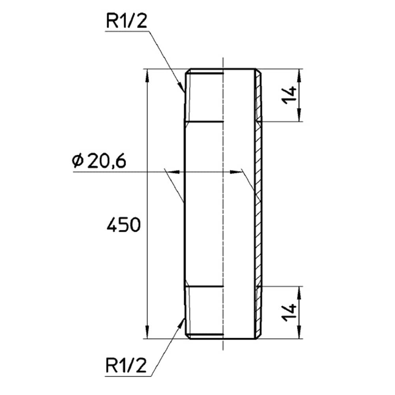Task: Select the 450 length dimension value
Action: pos(123,225)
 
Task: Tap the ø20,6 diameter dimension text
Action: pos(99,161)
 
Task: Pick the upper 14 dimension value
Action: pos(289,95)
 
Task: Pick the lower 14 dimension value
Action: pos(289,312)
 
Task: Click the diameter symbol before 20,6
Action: pos(77,161)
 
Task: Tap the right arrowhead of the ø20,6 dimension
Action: pos(235,172)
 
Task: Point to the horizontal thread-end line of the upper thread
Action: pos(204,122)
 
